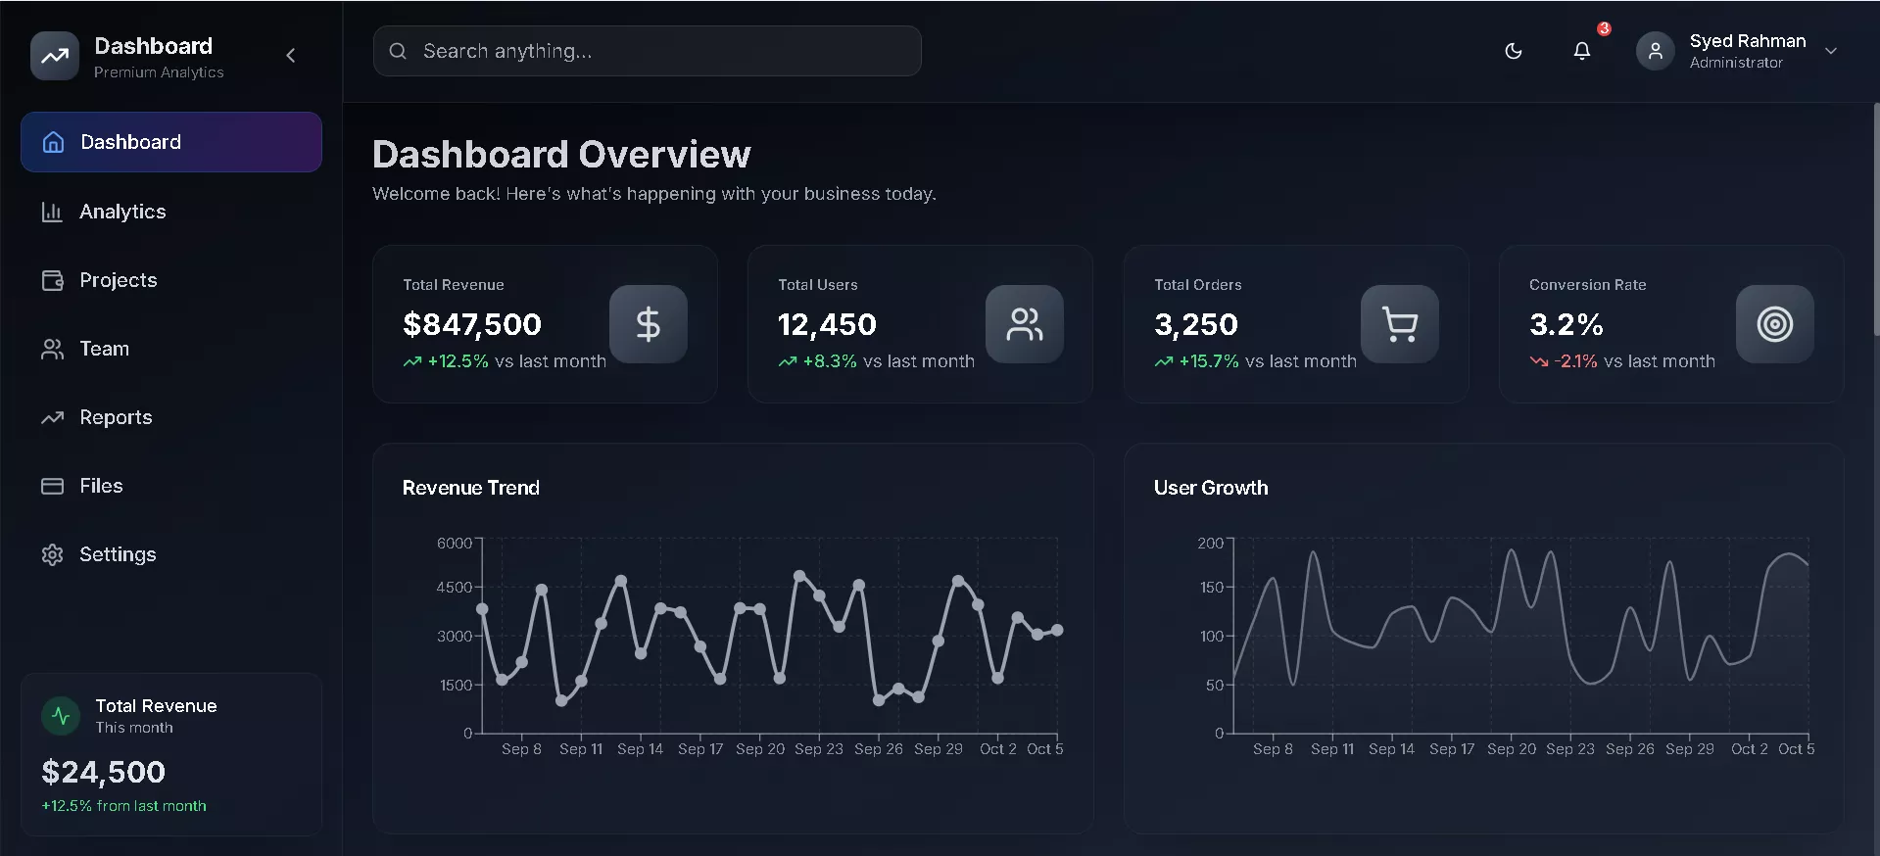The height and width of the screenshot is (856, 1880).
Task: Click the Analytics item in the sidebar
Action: tap(121, 212)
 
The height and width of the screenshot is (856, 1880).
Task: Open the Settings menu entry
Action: tap(117, 554)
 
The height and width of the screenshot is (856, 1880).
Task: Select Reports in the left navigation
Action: tap(115, 417)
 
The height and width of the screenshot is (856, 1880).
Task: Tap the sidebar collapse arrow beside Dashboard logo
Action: tap(290, 56)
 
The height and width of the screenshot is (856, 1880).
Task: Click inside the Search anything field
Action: tap(647, 51)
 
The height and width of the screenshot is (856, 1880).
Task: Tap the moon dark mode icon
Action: tap(1513, 51)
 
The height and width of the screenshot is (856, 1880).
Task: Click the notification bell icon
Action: tap(1581, 51)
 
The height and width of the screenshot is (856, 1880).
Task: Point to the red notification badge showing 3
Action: tap(1604, 28)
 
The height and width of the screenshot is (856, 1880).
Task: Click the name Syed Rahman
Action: tap(1747, 41)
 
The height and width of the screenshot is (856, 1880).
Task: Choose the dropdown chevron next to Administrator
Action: tap(1830, 51)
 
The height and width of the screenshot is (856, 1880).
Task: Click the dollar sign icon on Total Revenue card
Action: tap(648, 324)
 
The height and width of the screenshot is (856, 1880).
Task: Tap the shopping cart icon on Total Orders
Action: tap(1399, 324)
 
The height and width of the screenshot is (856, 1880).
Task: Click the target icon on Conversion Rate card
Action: tap(1774, 324)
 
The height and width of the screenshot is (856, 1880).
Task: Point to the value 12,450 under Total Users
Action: tap(827, 324)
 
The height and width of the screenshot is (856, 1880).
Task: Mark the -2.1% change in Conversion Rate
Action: tap(1575, 361)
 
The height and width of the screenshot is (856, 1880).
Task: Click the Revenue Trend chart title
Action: tap(470, 488)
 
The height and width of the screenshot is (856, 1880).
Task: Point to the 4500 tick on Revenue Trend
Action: tap(454, 588)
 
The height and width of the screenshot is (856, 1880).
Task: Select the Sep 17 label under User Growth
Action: tap(1451, 749)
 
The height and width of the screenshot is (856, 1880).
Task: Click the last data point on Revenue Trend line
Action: tap(1057, 630)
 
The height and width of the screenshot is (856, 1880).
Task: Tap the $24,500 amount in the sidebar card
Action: tap(103, 772)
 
